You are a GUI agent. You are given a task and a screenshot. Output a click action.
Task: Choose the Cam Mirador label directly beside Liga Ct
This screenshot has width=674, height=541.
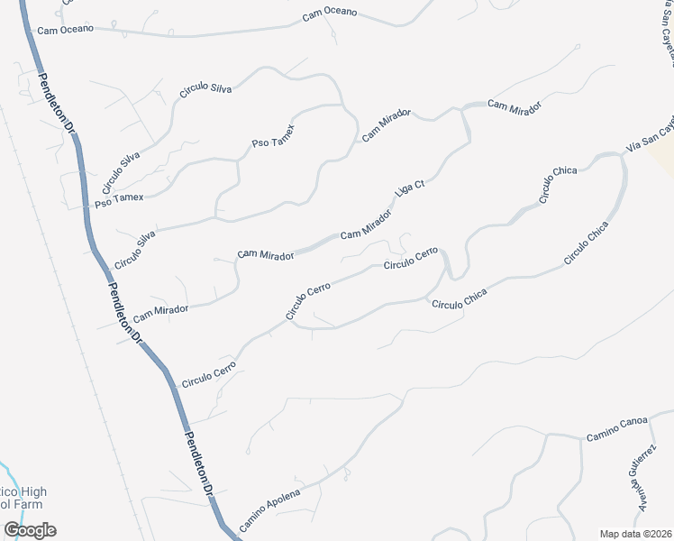click(x=366, y=226)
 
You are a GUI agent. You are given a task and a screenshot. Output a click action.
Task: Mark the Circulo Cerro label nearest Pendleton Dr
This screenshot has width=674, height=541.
click(x=208, y=374)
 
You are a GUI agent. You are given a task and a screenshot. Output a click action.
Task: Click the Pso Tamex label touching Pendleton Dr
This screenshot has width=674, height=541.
click(x=120, y=197)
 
